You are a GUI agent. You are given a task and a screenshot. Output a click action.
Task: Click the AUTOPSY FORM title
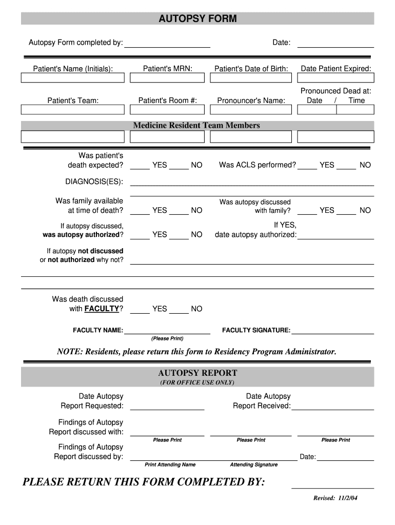tap(197, 19)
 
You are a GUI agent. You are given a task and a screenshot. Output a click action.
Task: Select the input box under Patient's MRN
tap(167, 78)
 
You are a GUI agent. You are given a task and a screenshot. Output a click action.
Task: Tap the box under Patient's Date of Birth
tap(251, 78)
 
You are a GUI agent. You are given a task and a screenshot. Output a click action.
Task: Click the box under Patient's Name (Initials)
tap(72, 78)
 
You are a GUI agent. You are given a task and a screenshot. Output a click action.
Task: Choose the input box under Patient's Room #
tap(167, 110)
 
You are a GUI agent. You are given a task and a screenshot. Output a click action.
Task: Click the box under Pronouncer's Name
tap(251, 110)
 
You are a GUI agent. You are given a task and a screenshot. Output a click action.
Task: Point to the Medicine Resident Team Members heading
tap(196, 126)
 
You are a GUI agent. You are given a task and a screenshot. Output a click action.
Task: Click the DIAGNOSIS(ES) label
tap(94, 181)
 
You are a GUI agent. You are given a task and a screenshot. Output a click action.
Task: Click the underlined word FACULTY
tap(102, 309)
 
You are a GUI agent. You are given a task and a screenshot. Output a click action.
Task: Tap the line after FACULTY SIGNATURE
tap(332, 333)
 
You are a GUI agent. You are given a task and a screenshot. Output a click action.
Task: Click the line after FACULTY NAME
tap(167, 333)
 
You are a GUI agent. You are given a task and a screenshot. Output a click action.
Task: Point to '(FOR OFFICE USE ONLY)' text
tap(197, 382)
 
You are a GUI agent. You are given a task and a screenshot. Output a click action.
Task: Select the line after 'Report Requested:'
tap(167, 408)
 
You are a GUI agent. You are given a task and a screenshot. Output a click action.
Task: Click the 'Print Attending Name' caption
tap(170, 465)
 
